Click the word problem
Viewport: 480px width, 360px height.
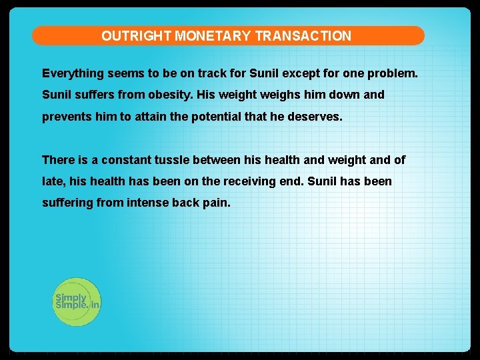[x=395, y=73]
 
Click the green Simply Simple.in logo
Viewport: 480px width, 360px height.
[x=77, y=301]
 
